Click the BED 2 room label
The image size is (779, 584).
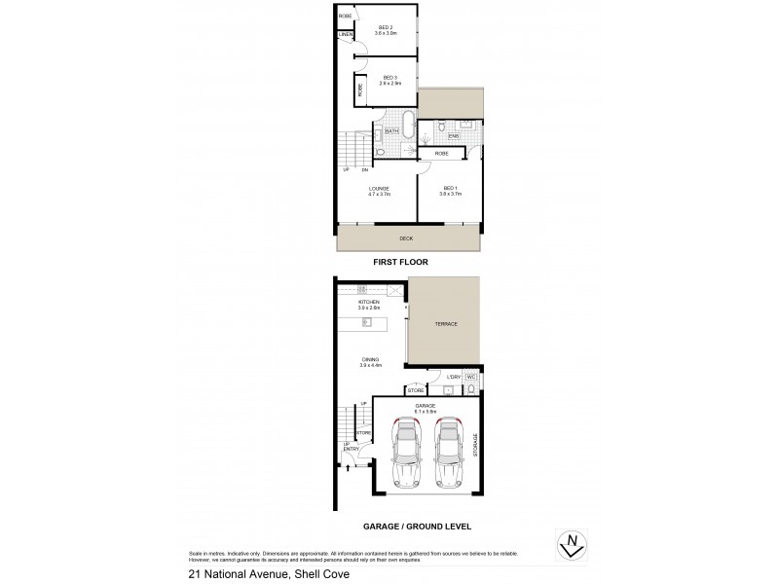coord(385,27)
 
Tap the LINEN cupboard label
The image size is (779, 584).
coord(345,35)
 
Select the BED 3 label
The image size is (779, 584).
coord(389,77)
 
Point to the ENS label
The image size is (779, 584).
coord(440,136)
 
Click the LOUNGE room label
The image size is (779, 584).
coord(379,188)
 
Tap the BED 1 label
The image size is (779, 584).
coord(450,188)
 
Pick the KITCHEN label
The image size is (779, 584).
coord(368,302)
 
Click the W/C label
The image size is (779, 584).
coord(469,377)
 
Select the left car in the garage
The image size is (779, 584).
coord(405,453)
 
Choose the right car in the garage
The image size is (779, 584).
coord(449,453)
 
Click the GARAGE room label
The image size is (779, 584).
coord(426,404)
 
